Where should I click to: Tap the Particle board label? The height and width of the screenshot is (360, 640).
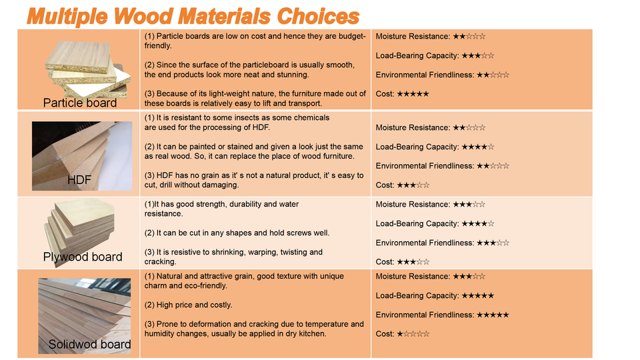[x=80, y=103]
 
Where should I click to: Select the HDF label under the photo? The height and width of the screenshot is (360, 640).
[x=79, y=180]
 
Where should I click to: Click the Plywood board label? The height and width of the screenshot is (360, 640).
[x=83, y=257]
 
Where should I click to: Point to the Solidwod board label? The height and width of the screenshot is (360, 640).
[x=89, y=345]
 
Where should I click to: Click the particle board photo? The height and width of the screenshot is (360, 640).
[x=87, y=67]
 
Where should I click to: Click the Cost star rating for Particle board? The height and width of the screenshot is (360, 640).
[x=413, y=94]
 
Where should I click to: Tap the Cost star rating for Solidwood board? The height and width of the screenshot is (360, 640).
[x=413, y=334]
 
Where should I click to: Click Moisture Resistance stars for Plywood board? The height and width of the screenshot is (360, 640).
[x=469, y=205]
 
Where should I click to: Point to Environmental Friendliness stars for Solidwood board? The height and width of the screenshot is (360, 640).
[x=493, y=315]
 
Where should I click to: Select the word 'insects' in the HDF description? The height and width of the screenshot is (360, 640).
[x=229, y=117]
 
